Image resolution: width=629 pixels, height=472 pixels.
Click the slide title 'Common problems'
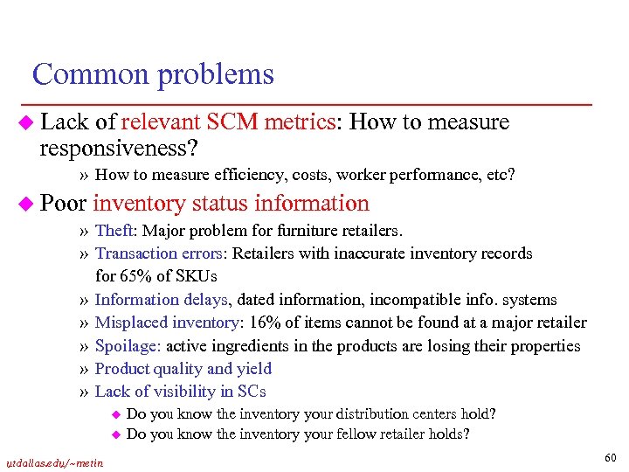(x=153, y=74)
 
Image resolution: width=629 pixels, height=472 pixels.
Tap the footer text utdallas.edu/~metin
(x=54, y=462)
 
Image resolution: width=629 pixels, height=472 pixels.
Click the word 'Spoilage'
(x=127, y=345)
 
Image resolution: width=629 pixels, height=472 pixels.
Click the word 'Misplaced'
(x=131, y=323)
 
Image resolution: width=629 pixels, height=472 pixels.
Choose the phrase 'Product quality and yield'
(x=183, y=368)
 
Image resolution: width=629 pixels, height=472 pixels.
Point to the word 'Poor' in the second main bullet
(x=63, y=204)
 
